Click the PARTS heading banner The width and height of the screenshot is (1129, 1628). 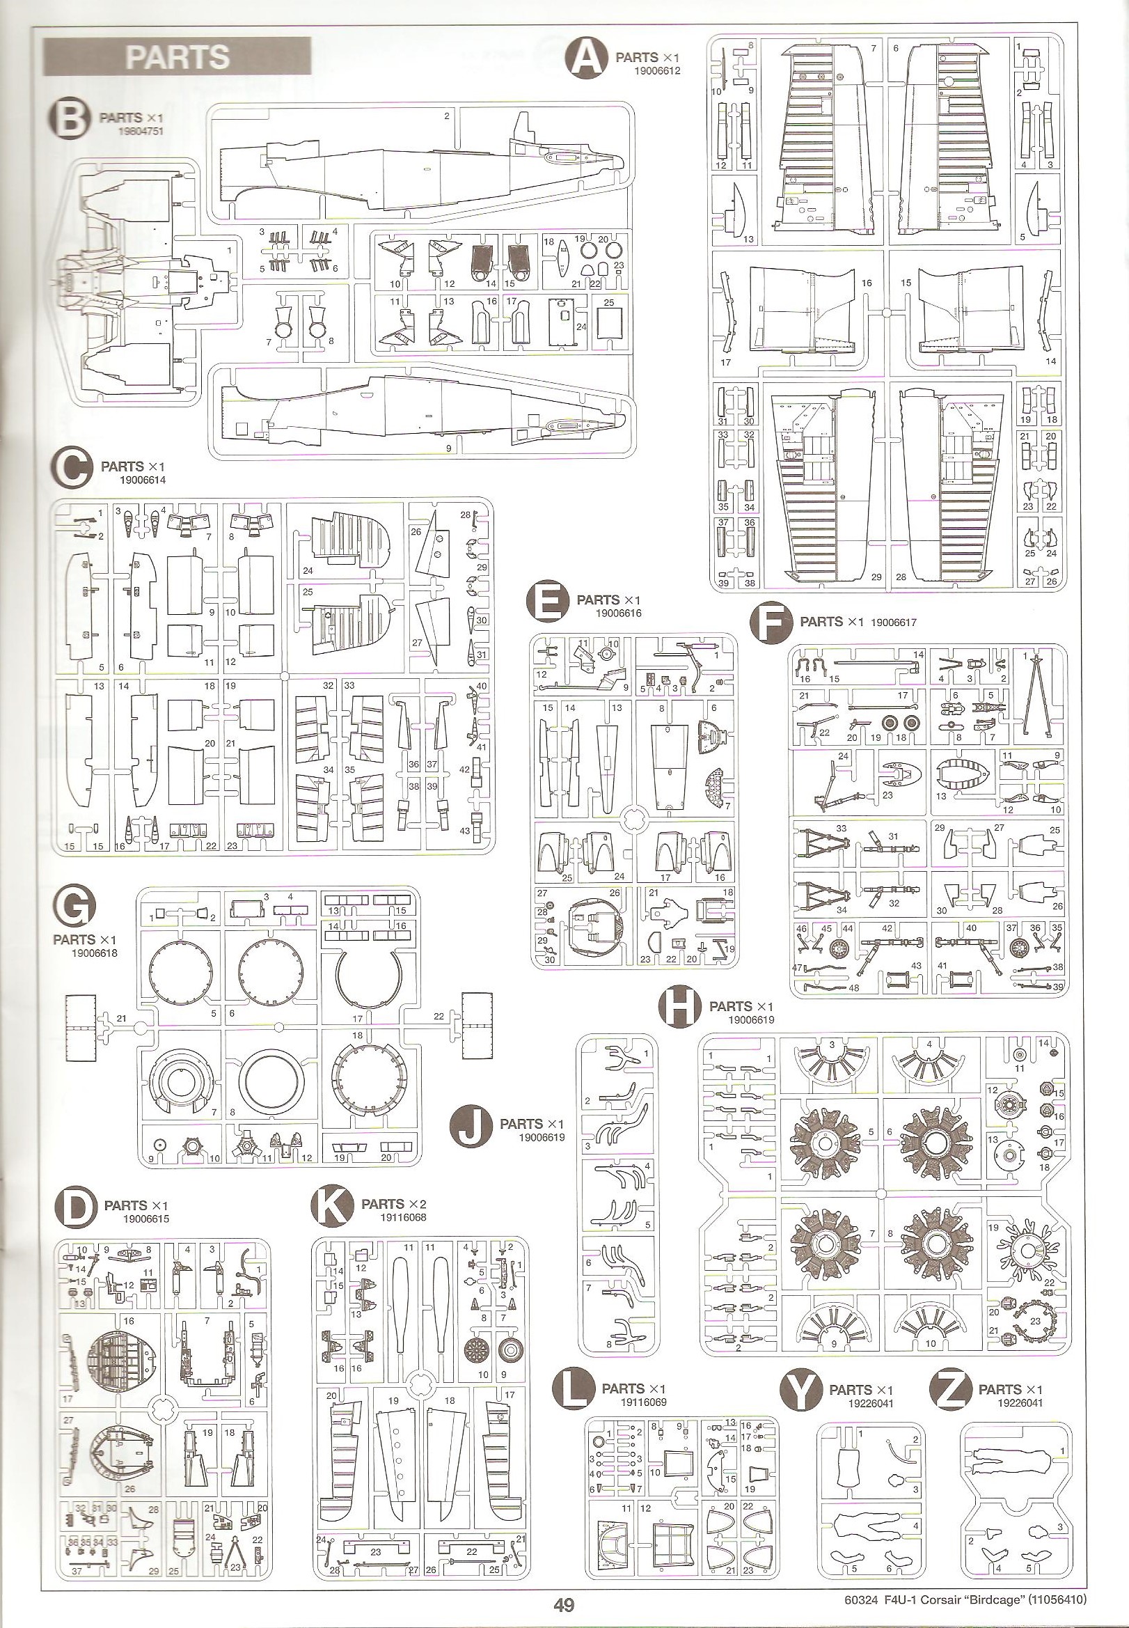point(177,57)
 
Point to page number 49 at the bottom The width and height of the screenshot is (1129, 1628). point(564,1600)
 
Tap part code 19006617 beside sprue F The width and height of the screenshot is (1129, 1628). point(894,622)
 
